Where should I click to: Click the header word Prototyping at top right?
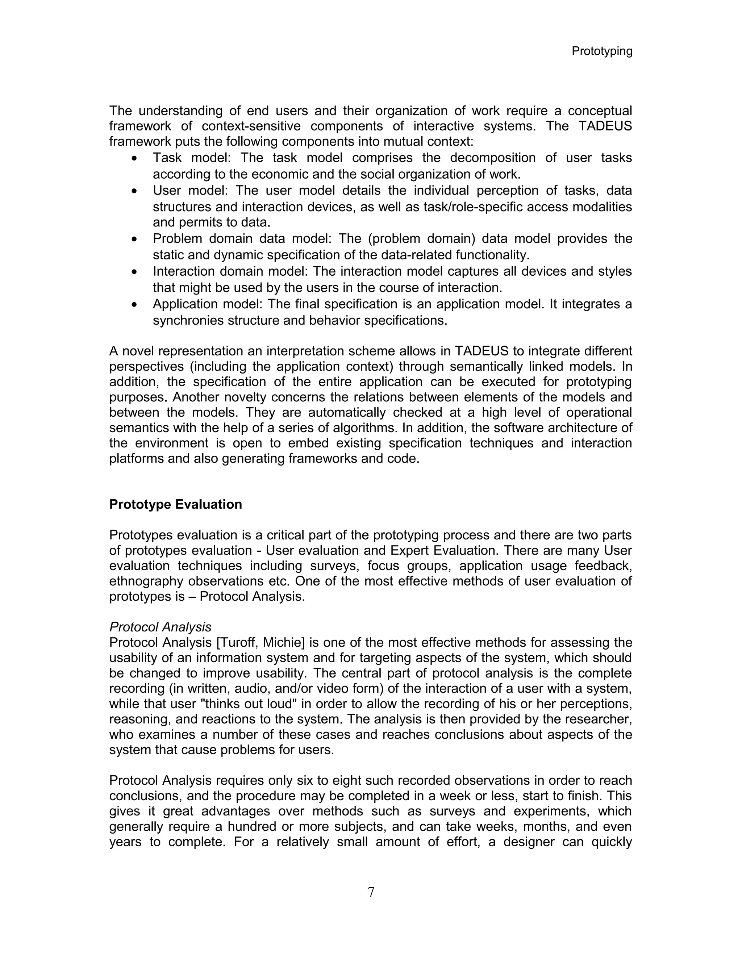coord(601,51)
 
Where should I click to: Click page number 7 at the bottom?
coord(371,892)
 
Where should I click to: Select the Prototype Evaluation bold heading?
coord(175,504)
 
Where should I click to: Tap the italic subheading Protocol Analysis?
coord(160,627)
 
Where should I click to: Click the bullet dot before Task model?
coord(134,158)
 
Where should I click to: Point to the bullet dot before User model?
coord(134,191)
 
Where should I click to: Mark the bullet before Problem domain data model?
coord(134,239)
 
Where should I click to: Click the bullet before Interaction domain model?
coord(134,272)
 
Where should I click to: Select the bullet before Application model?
coord(134,305)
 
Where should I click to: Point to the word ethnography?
coord(146,581)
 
